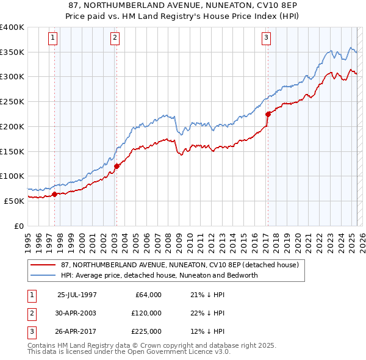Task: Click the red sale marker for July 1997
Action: coord(54,195)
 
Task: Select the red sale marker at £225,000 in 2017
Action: coord(267,113)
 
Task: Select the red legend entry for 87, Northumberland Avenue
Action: coord(179,265)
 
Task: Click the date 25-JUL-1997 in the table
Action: coord(77,295)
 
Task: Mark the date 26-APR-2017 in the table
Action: coord(77,331)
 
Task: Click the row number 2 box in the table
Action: coord(30,313)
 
